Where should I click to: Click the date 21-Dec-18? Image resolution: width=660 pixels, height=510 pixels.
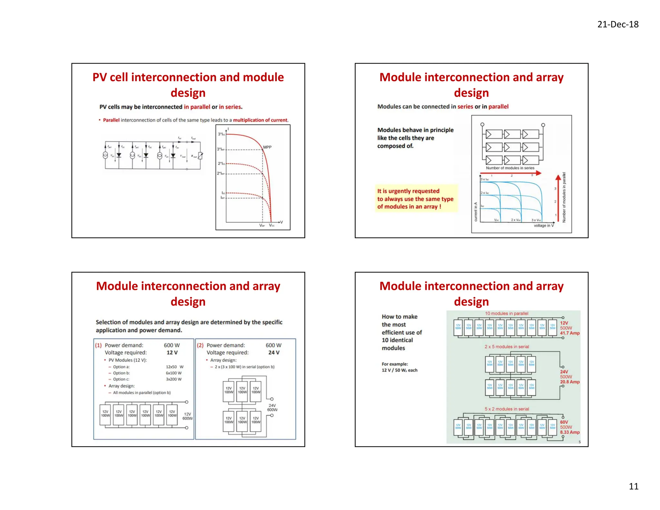coord(617,25)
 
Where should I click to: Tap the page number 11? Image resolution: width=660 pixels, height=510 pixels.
coord(633,486)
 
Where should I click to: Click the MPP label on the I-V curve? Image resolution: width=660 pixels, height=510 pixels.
coord(267,147)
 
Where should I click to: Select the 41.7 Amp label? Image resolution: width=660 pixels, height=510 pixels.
coord(569,333)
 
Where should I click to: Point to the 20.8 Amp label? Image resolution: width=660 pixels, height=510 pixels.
coord(569,382)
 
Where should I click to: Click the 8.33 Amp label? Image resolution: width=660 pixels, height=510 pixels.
coord(569,432)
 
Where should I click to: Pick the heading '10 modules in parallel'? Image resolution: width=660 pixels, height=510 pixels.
coord(506,313)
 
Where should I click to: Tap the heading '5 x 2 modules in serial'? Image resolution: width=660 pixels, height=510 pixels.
coord(507,409)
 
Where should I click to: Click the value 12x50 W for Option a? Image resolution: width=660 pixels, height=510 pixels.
coord(174,367)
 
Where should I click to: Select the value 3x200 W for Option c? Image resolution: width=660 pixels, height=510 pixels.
coord(174,379)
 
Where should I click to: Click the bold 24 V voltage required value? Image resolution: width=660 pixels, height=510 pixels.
coord(274,353)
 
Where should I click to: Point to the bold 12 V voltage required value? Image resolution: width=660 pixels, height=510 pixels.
coord(172,353)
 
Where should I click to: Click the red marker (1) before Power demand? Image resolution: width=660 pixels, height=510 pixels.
coord(98,345)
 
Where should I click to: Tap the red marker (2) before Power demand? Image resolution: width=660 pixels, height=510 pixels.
coord(200,345)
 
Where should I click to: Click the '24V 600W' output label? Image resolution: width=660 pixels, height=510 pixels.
coord(272,407)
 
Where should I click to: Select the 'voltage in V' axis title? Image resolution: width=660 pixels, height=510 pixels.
coord(543,225)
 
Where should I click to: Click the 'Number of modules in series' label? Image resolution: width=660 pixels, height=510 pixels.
coord(510,168)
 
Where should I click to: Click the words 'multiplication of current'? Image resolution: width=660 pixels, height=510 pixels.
coord(260,120)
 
